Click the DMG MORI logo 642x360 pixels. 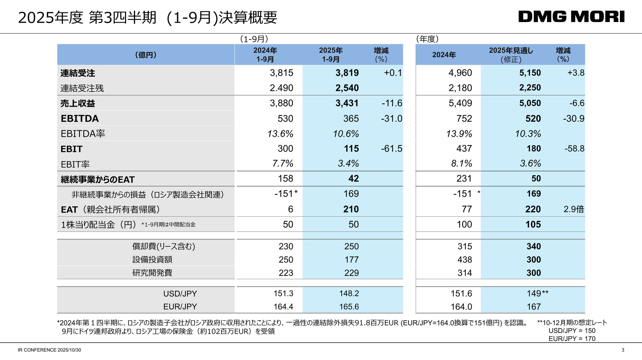pos(571,17)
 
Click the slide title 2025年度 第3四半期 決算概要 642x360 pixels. pos(147,18)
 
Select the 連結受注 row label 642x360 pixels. pos(78,73)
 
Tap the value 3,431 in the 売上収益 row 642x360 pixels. pos(347,103)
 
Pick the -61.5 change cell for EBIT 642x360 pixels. pos(391,148)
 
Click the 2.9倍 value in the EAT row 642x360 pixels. pos(573,209)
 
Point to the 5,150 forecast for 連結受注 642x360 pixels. pos(530,73)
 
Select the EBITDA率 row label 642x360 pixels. pos(83,134)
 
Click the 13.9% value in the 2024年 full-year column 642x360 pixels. pos(459,134)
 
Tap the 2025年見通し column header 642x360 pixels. pos(511,54)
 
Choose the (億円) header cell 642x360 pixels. pos(146,55)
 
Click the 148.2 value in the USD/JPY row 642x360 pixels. pos(349,293)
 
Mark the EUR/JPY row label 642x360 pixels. pos(180,307)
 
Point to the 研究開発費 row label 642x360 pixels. pos(152,273)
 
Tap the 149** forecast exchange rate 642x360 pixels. pos(537,293)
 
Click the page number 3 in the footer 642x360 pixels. pos(623,350)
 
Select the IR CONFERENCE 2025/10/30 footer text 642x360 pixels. pos(49,350)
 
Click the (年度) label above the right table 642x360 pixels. pos(427,39)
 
